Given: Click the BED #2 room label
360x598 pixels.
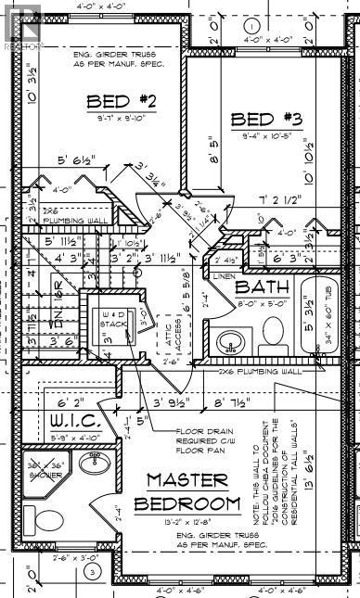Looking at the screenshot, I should [113, 101].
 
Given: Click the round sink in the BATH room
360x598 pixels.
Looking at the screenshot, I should [229, 343].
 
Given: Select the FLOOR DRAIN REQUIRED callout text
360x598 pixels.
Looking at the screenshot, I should [209, 440].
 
